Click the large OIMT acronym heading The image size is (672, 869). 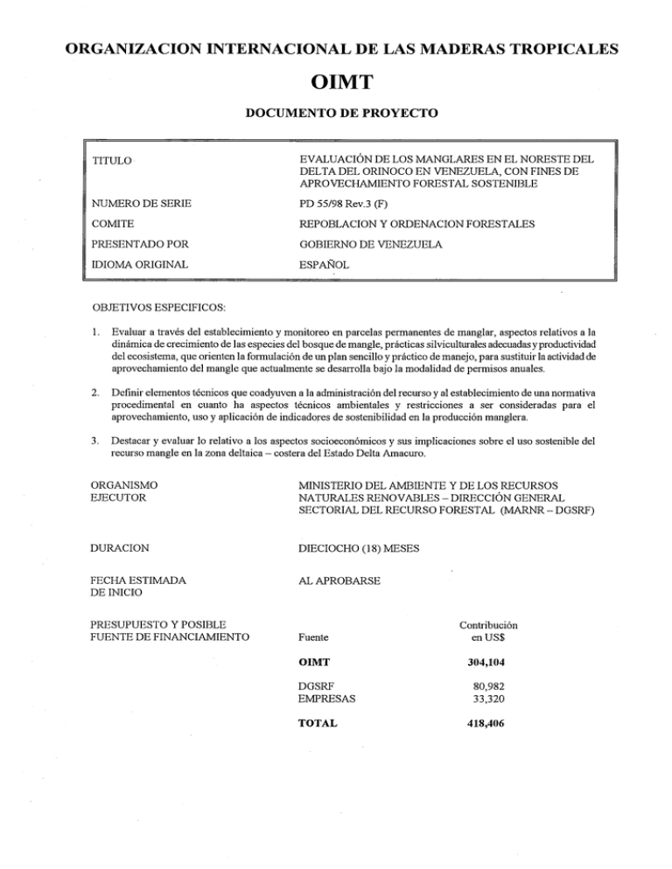335,84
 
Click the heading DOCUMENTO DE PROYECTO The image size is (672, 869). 335,115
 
